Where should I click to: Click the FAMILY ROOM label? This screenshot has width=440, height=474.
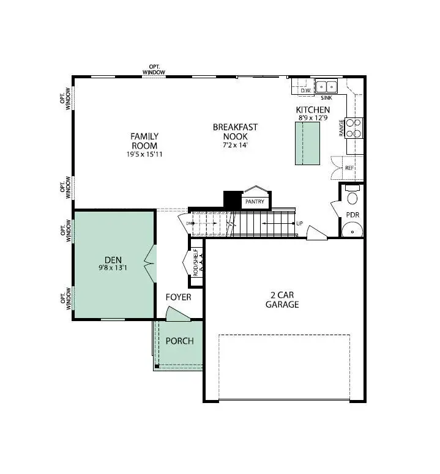pyautogui.click(x=144, y=141)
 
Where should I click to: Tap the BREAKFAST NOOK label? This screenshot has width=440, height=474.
pyautogui.click(x=235, y=131)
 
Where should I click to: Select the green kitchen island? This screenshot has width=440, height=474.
pyautogui.click(x=308, y=143)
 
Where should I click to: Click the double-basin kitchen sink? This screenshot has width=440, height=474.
pyautogui.click(x=327, y=86)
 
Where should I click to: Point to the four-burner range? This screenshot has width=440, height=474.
pyautogui.click(x=354, y=128)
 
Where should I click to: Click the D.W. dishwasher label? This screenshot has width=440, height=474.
pyautogui.click(x=306, y=91)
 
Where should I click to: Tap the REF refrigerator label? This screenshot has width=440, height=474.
pyautogui.click(x=349, y=167)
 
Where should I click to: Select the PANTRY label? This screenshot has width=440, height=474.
pyautogui.click(x=255, y=201)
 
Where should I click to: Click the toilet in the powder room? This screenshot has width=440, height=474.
pyautogui.click(x=352, y=196)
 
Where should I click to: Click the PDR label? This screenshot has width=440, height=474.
pyautogui.click(x=352, y=215)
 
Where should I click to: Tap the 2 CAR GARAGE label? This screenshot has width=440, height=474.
pyautogui.click(x=282, y=299)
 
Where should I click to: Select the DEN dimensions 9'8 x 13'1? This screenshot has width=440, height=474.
pyautogui.click(x=113, y=267)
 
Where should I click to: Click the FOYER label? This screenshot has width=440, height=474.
pyautogui.click(x=179, y=297)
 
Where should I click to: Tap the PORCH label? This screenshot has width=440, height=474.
pyautogui.click(x=179, y=341)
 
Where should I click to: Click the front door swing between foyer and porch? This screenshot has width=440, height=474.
pyautogui.click(x=178, y=315)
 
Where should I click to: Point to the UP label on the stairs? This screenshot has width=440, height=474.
pyautogui.click(x=299, y=223)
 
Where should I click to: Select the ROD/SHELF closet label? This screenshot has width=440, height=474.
pyautogui.click(x=195, y=262)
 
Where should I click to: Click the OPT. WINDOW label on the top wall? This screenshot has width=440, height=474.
pyautogui.click(x=154, y=70)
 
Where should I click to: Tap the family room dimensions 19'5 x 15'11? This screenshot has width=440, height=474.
pyautogui.click(x=144, y=154)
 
